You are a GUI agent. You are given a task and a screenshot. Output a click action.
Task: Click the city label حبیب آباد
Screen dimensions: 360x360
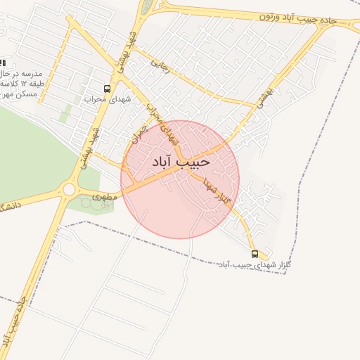pyautogui.click(x=181, y=162)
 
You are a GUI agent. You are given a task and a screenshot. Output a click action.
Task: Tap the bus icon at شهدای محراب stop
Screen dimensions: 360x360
pyautogui.click(x=107, y=89)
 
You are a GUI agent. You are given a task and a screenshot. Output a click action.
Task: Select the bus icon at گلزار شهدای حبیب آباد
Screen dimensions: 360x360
pyautogui.click(x=255, y=254)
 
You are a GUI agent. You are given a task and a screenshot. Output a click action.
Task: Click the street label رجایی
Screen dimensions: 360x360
pyautogui.click(x=161, y=65)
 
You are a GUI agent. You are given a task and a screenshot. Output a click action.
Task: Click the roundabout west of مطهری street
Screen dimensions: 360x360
pyautogui.click(x=69, y=188)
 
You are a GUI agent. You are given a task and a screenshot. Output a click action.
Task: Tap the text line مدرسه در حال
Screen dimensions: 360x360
pyautogui.click(x=21, y=74)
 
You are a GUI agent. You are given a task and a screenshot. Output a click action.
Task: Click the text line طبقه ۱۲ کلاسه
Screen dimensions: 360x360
pyautogui.click(x=21, y=84)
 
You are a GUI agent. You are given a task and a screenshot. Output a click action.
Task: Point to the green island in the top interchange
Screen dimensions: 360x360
pyautogui.click(x=147, y=7)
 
